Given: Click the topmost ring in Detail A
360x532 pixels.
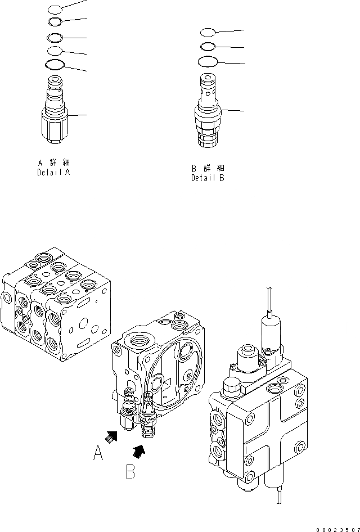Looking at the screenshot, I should [55, 9].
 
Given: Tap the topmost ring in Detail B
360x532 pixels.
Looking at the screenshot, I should [208, 31].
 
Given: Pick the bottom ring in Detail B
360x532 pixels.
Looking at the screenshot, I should [208, 61].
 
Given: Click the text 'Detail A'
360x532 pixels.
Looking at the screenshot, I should [53, 173].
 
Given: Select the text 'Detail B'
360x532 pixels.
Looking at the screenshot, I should [208, 178].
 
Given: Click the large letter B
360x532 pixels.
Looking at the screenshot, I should [130, 471].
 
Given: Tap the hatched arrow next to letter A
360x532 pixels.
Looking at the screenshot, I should [111, 435].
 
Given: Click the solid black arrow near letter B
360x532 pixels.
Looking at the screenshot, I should [138, 450].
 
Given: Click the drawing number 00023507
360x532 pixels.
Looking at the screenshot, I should [336, 529].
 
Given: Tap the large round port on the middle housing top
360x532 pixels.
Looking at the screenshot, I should [139, 341].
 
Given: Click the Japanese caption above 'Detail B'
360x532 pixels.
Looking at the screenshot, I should [208, 168].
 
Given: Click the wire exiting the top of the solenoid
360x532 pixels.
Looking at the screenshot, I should [271, 301].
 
